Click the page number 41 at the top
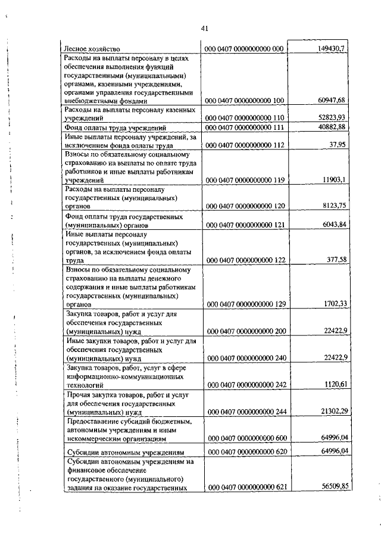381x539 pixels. (204, 28)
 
